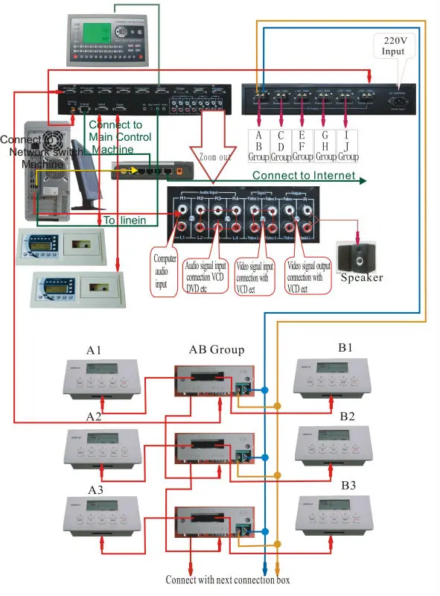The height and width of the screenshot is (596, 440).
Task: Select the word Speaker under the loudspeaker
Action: pos(362,278)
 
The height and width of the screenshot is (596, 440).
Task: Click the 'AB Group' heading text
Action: pos(216,350)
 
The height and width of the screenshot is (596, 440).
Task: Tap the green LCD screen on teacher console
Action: pos(106,32)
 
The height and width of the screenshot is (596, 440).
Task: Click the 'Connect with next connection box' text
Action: pos(228,580)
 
